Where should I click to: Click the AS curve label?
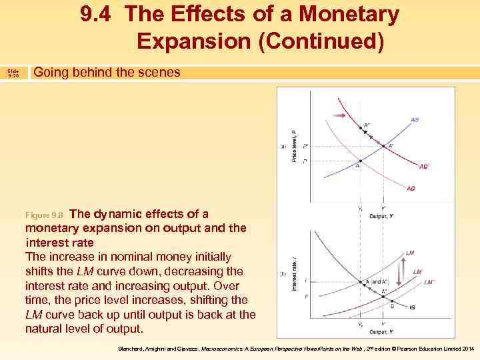[x=415, y=120]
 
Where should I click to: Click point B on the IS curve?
[x=392, y=305]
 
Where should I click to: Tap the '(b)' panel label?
[x=283, y=273]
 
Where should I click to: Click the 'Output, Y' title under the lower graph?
[x=381, y=331]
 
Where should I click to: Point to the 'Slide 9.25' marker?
[x=13, y=73]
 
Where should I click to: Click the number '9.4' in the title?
[x=97, y=14]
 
